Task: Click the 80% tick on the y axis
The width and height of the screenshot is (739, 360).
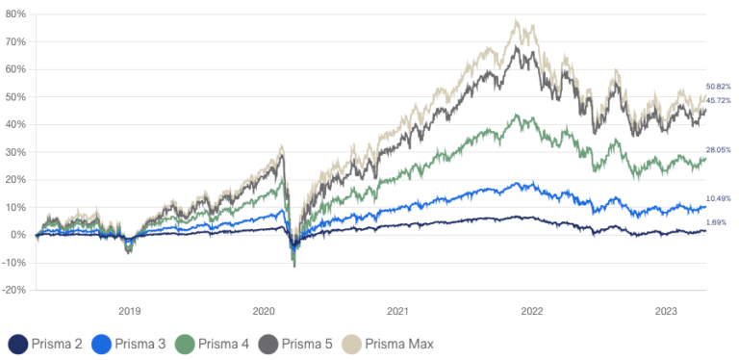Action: (x=16, y=14)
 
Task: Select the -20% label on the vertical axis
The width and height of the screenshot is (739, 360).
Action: (x=14, y=290)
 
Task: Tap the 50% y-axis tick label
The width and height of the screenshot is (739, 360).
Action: (x=16, y=97)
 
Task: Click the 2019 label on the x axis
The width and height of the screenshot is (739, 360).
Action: (x=130, y=311)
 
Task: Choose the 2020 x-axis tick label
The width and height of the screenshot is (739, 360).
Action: (x=264, y=311)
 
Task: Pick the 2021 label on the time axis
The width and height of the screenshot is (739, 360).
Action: (x=397, y=311)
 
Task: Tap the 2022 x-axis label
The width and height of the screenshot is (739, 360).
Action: (x=531, y=311)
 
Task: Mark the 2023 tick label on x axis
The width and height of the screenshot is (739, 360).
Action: (x=665, y=311)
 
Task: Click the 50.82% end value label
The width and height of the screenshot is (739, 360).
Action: (x=718, y=87)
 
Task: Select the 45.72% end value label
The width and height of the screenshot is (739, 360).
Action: (x=718, y=101)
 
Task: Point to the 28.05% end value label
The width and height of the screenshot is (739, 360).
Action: (x=718, y=150)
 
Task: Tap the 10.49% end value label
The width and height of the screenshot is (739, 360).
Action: (x=718, y=198)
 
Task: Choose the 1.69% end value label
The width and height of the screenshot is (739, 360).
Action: (x=717, y=222)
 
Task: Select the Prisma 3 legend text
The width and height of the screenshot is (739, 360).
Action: (x=142, y=344)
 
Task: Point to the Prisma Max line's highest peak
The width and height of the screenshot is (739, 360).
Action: (x=518, y=21)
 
